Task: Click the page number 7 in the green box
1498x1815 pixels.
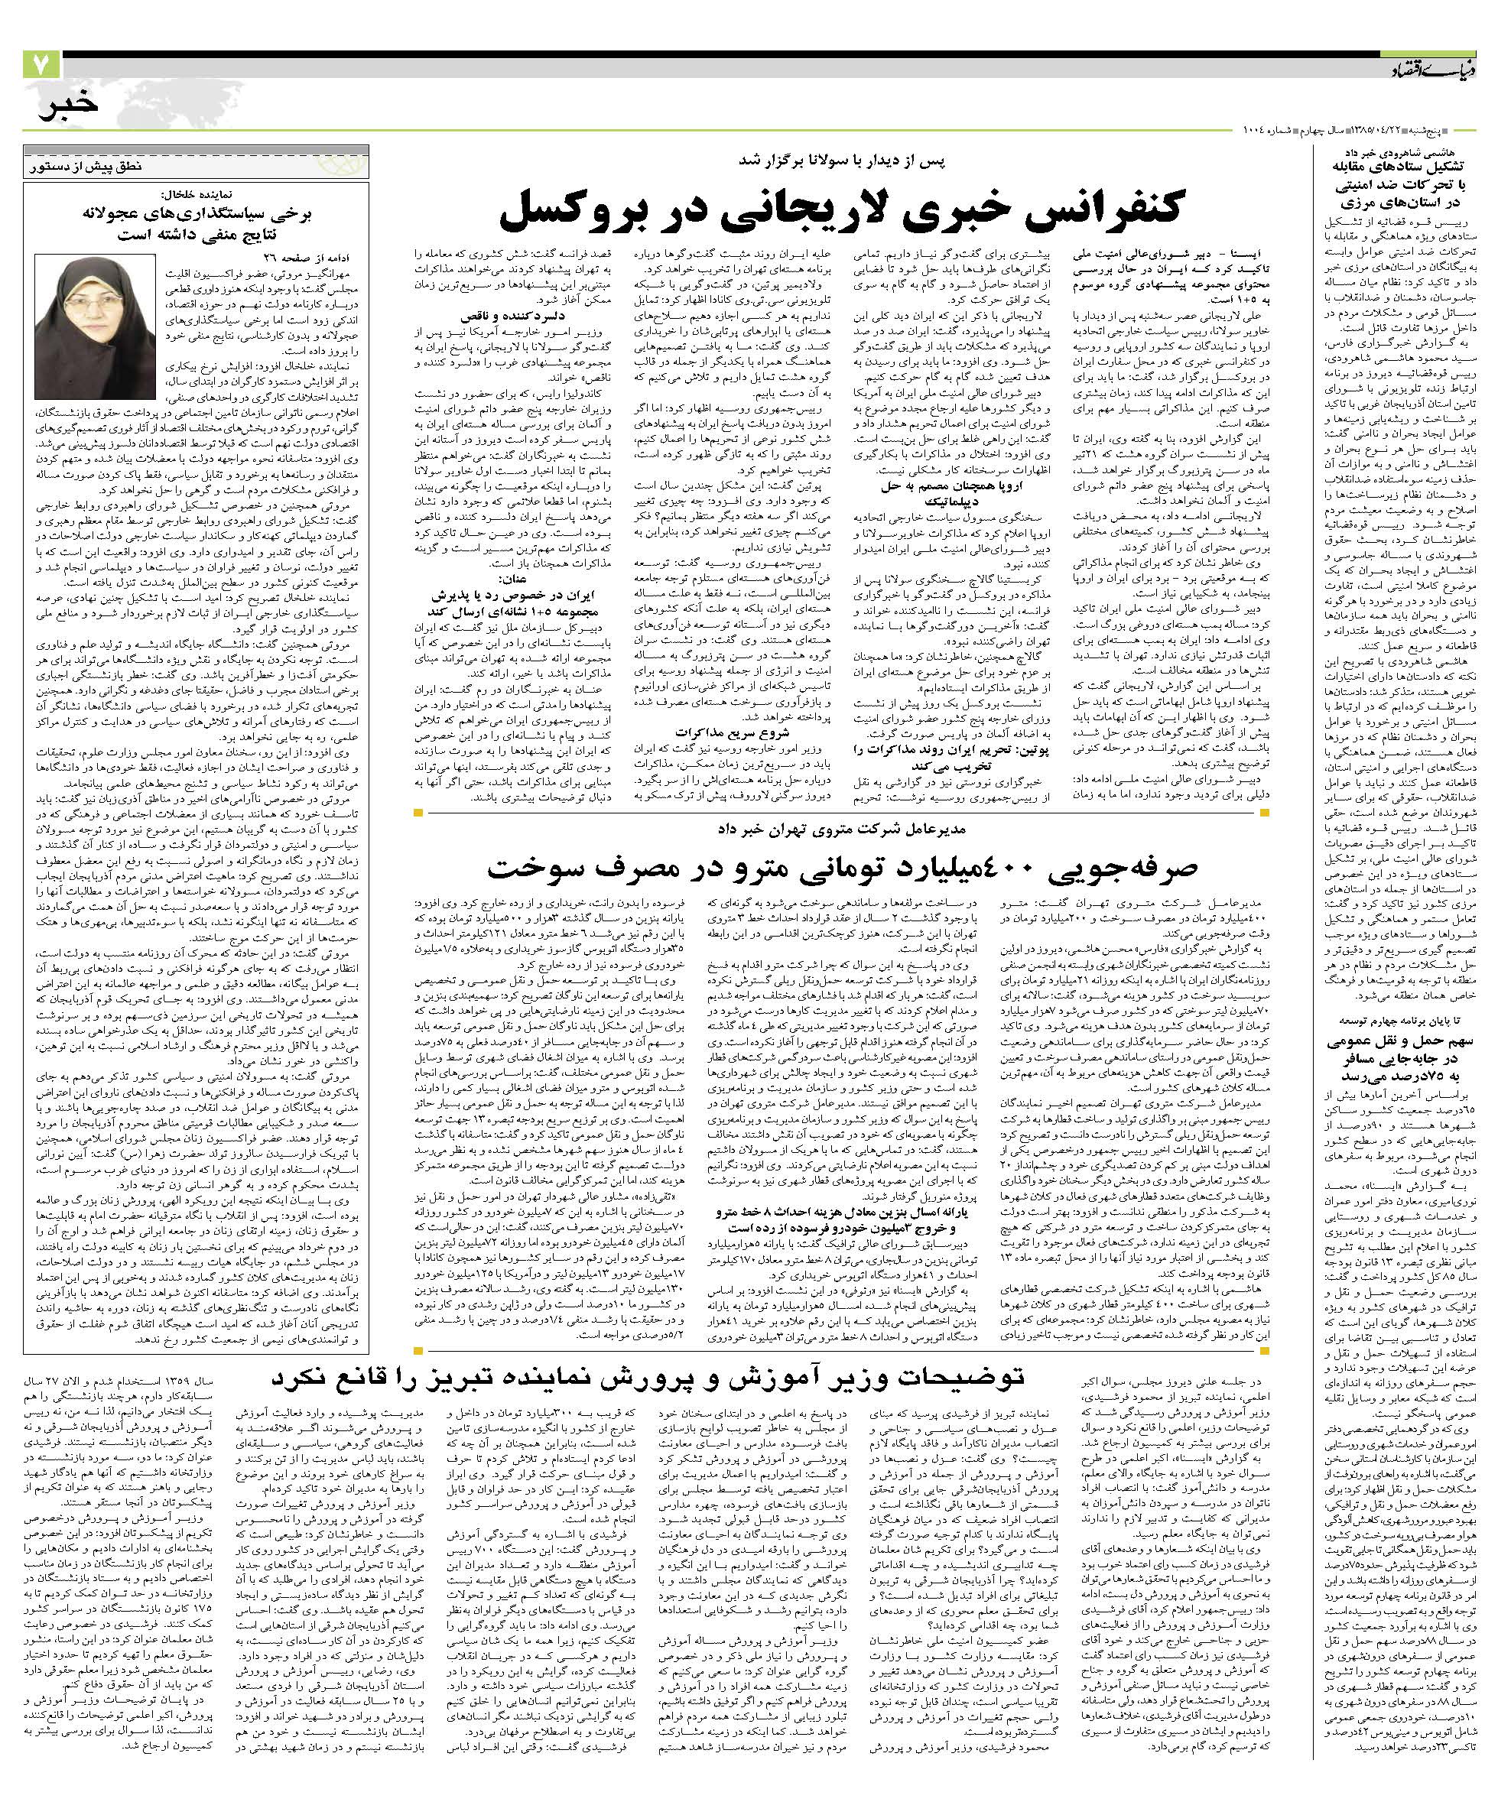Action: (41, 67)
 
